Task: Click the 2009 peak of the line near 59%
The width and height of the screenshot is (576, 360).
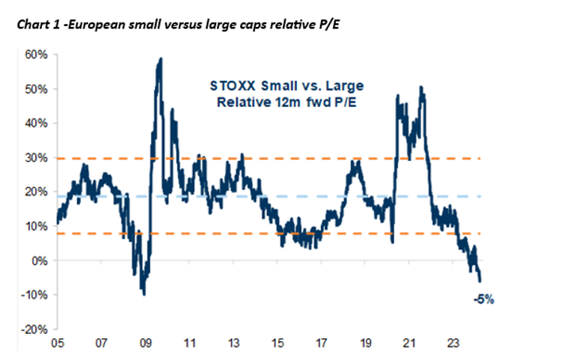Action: pyautogui.click(x=160, y=59)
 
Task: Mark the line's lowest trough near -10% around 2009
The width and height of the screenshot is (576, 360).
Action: pyautogui.click(x=143, y=293)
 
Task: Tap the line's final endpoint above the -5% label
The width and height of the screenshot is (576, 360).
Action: pyautogui.click(x=480, y=280)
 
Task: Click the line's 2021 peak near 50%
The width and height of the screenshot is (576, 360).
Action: pyautogui.click(x=422, y=88)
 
